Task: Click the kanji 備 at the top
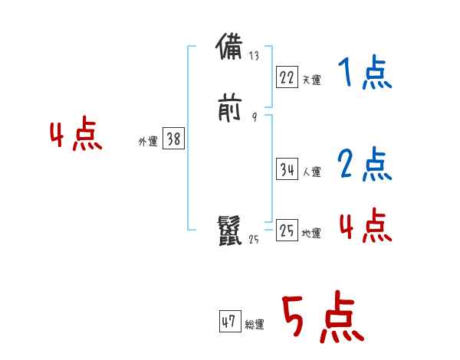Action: point(230,48)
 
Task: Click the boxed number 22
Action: point(287,77)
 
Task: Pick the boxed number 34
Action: point(287,170)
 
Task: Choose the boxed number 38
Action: point(173,139)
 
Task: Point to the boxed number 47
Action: point(229,322)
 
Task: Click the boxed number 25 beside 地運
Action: point(287,231)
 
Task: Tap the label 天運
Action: point(311,80)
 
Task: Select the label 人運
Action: point(311,172)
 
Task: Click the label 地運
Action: point(311,234)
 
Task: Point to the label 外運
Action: point(147,142)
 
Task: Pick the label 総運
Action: point(254,325)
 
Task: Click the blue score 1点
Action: point(364,74)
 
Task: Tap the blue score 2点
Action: point(364,164)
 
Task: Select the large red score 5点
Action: point(322,319)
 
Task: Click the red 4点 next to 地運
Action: point(365,225)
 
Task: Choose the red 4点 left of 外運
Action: point(76,136)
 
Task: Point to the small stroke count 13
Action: point(255,56)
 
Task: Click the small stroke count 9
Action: point(254,117)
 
